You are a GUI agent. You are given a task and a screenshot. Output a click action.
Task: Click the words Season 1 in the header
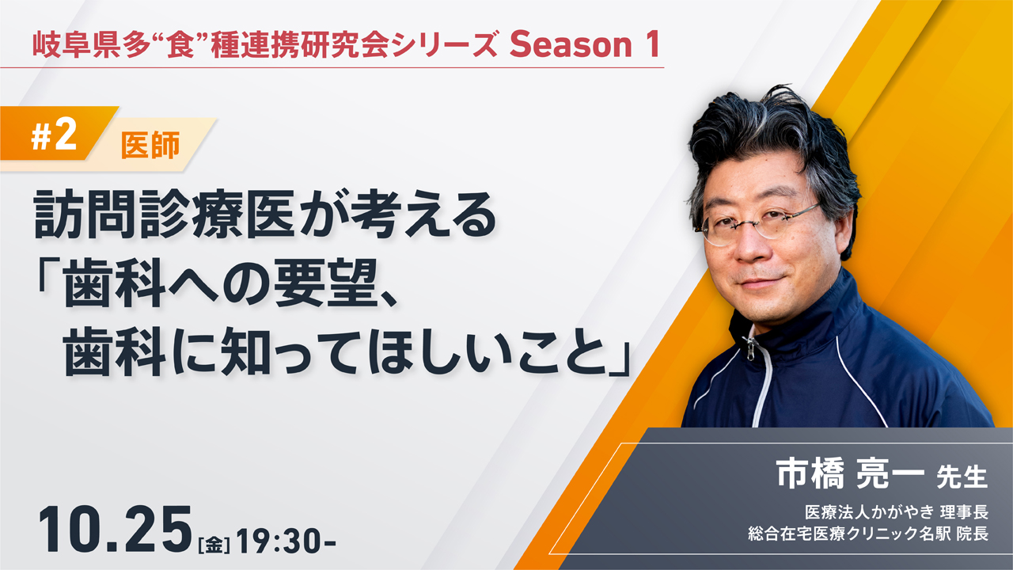pyautogui.click(x=584, y=44)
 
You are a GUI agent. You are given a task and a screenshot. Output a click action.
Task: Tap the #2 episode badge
pyautogui.click(x=54, y=136)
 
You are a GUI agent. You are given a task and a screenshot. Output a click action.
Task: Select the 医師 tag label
pyautogui.click(x=150, y=145)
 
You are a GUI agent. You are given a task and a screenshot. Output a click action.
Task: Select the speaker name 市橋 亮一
pyautogui.click(x=850, y=474)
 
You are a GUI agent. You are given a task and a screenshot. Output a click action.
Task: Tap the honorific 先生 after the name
pyautogui.click(x=962, y=477)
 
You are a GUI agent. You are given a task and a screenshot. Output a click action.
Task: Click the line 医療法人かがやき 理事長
pyautogui.click(x=897, y=512)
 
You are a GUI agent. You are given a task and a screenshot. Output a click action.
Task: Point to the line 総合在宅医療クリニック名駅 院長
pyautogui.click(x=868, y=534)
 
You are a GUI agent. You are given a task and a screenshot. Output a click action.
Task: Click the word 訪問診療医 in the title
pyautogui.click(x=165, y=215)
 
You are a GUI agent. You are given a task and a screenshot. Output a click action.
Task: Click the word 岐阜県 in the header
pyautogui.click(x=78, y=45)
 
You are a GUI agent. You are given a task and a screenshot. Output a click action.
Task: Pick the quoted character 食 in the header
pyautogui.click(x=180, y=45)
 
